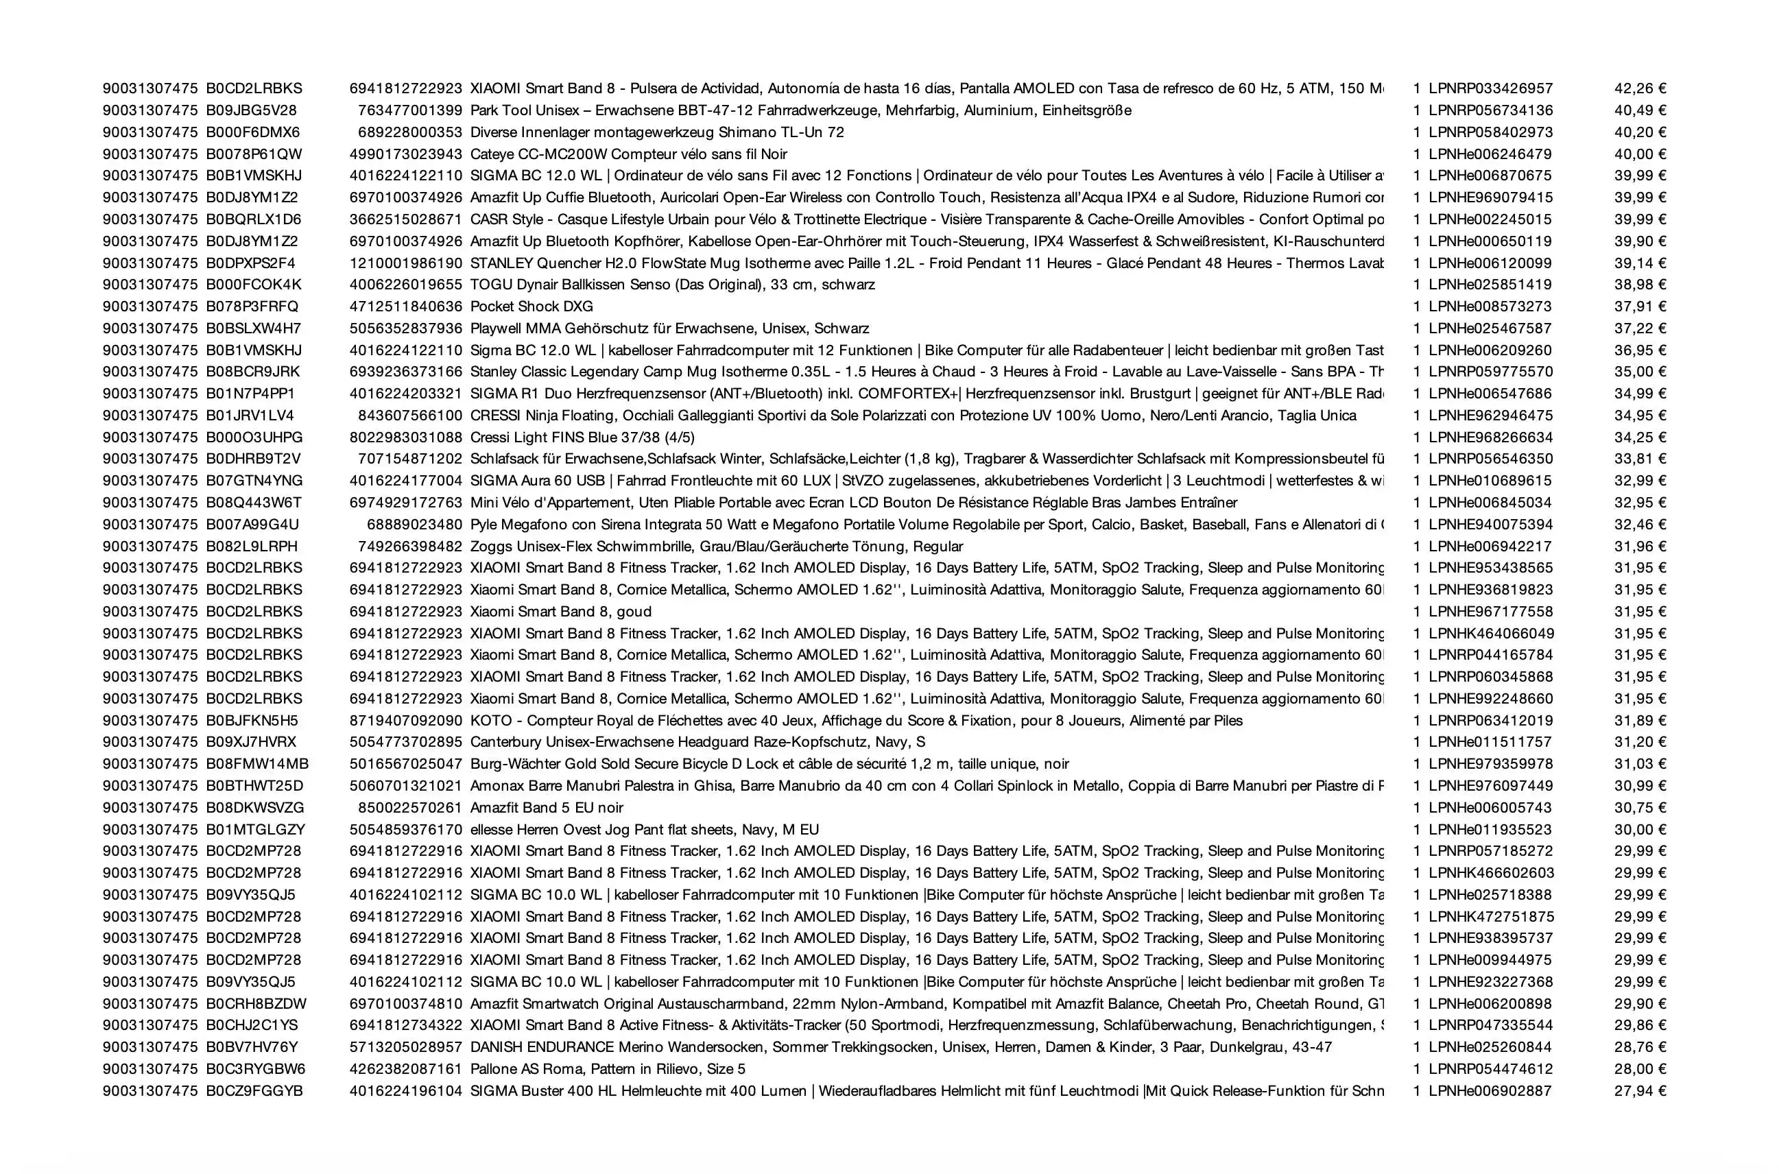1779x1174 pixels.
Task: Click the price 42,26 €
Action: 1640,88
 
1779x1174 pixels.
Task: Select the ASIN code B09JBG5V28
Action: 252,110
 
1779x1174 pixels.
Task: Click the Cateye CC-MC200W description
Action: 628,154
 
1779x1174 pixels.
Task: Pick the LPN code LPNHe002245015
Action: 1490,219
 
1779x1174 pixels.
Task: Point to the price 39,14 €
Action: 1640,263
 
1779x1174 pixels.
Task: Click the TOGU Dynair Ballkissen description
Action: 671,285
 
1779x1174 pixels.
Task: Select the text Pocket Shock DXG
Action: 531,307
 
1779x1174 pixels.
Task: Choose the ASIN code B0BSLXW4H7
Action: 253,328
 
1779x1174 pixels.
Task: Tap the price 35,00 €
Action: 1640,372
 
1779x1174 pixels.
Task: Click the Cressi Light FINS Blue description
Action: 582,438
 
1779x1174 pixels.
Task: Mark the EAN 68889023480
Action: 414,524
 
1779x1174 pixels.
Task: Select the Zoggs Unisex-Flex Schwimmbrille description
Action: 716,546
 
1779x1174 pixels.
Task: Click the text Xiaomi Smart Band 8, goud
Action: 560,611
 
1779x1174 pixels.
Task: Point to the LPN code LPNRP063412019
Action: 1490,720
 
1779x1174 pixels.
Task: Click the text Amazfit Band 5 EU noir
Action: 546,807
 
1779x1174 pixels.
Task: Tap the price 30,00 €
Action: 1640,829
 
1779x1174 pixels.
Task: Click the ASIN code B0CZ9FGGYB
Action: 254,1090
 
